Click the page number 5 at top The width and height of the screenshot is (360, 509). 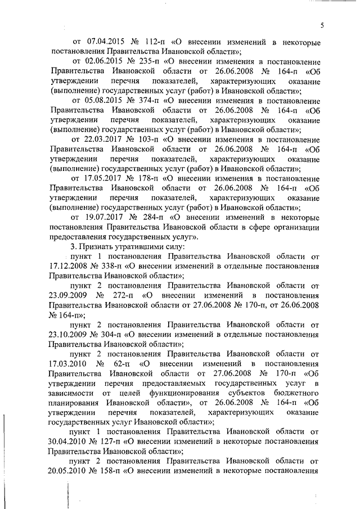[322, 24]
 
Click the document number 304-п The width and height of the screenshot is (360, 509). [112, 334]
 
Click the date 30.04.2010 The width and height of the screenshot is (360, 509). [68, 441]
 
